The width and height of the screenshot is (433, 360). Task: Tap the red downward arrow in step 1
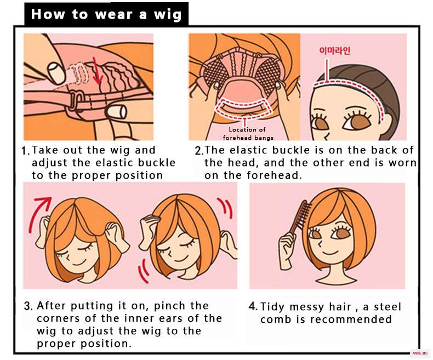tap(96, 70)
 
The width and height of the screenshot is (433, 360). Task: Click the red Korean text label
tap(335, 50)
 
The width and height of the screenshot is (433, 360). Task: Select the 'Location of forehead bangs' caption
tap(248, 134)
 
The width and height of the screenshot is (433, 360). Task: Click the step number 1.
tap(25, 151)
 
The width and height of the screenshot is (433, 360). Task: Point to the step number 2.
tap(199, 151)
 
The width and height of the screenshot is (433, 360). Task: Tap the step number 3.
tap(28, 306)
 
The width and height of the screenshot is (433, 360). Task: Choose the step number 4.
tap(253, 306)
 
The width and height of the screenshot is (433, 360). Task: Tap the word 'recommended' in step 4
tap(351, 319)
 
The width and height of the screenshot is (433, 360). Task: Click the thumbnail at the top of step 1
tap(56, 73)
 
